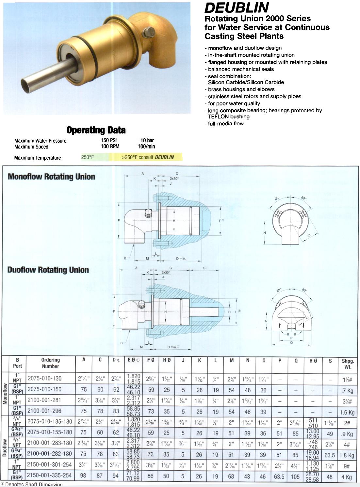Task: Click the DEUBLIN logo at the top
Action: [x=237, y=8]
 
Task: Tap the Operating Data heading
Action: [x=96, y=130]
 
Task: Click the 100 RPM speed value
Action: [x=110, y=146]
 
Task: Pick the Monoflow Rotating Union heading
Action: [x=51, y=177]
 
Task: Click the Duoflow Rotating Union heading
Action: [x=48, y=270]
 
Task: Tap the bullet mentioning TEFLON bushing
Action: [x=265, y=114]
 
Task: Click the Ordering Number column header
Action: [x=50, y=363]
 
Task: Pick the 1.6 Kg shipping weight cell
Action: [x=347, y=412]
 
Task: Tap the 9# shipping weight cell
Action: [x=347, y=466]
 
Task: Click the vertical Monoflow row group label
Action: [x=5, y=394]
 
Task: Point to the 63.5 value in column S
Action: [x=330, y=455]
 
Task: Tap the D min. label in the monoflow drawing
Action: [x=181, y=259]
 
